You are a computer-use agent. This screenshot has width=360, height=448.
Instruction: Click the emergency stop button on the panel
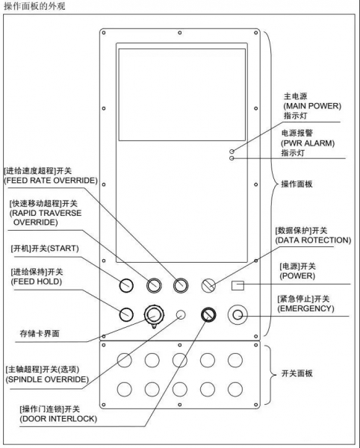coord(238,315)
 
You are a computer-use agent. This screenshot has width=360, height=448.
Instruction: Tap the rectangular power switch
coord(238,285)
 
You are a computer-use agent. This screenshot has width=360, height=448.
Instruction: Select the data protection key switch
coord(208,285)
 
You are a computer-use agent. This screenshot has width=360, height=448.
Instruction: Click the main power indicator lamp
coord(232,151)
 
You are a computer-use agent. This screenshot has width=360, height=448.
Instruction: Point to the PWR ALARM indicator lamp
coord(232,158)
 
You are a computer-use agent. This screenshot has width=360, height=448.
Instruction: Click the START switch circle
coord(126,285)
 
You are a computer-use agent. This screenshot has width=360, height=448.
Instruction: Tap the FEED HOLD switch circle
coord(126,314)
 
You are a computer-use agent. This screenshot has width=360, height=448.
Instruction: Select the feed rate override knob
coord(181,285)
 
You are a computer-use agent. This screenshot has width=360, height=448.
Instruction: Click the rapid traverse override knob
coord(154,285)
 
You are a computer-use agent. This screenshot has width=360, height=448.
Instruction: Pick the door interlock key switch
coord(208,314)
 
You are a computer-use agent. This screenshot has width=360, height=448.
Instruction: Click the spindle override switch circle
coord(181,315)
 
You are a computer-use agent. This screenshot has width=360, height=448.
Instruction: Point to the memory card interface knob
coord(154,315)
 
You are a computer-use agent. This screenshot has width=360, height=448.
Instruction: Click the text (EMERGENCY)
coord(305,308)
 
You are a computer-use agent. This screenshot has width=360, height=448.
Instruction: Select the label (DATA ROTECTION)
coord(313,240)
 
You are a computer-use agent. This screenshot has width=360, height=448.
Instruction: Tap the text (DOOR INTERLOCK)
coord(58,419)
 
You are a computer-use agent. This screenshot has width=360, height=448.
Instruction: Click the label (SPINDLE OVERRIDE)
coord(47,379)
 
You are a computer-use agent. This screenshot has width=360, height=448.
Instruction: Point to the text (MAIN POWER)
coord(312,106)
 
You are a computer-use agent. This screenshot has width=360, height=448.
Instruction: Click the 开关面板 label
coord(297,373)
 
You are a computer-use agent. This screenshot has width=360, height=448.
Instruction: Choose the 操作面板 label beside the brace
coord(297,184)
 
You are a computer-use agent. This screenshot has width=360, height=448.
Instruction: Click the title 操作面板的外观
coord(34,6)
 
